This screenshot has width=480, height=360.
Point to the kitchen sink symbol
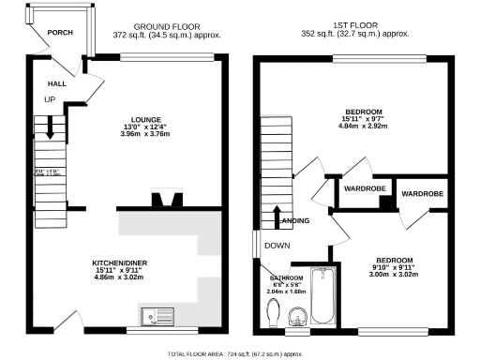coord(155,315)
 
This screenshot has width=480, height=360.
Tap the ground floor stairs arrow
coord(41,126)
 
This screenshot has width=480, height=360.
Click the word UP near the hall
coord(49,100)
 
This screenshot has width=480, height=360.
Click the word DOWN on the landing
coord(277,246)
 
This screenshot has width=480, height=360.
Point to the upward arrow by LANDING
coord(277,219)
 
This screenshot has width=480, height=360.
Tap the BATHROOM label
coord(287,278)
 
